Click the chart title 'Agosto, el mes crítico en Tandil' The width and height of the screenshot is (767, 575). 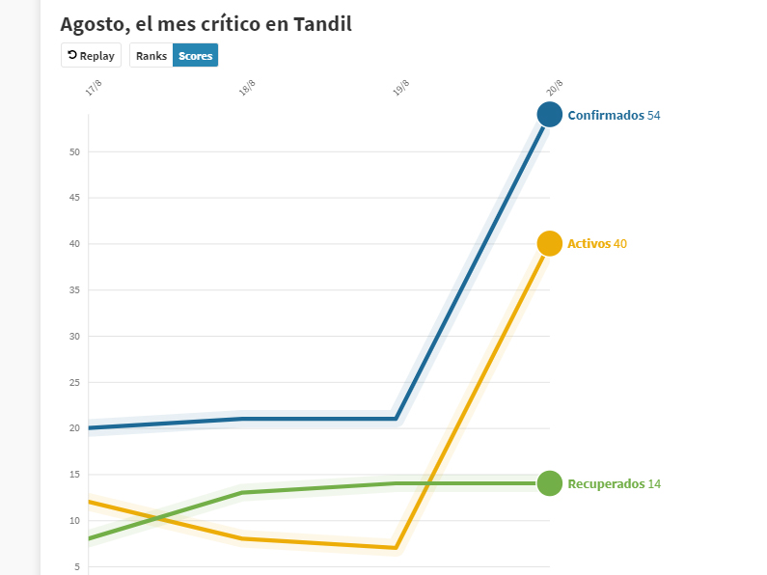point(205,24)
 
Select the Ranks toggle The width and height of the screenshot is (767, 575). point(151,56)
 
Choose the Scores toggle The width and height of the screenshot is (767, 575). point(195,56)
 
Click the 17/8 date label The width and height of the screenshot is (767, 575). point(94,89)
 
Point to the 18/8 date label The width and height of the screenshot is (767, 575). point(247,89)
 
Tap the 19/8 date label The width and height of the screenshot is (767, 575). point(401,89)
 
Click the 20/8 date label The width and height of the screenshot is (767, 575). point(555,89)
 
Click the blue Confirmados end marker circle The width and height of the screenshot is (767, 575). point(550,115)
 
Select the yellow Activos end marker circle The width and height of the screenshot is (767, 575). point(550,244)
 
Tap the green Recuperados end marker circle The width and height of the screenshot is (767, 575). point(550,483)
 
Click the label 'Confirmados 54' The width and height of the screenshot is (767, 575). point(614,116)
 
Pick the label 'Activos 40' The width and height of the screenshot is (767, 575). point(597,244)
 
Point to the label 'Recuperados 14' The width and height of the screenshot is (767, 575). point(614,484)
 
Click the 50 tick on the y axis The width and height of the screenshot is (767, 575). point(74,152)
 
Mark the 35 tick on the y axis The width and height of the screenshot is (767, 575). point(74,290)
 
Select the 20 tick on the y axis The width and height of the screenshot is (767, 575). point(74,428)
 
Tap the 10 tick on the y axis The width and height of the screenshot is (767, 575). point(74,521)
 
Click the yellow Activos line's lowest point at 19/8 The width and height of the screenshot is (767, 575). point(396,548)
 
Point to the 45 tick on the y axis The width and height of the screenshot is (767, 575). point(74,198)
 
